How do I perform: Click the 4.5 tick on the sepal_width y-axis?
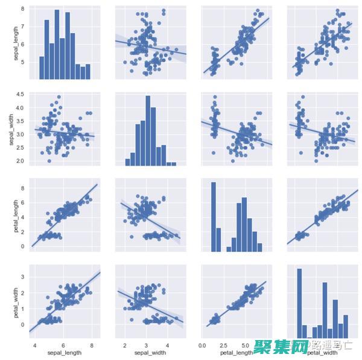(20, 94)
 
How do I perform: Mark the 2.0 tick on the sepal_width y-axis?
(20, 161)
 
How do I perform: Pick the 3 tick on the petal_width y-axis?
(23, 276)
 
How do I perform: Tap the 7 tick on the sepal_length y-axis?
(23, 27)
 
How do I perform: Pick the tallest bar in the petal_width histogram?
(299, 302)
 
